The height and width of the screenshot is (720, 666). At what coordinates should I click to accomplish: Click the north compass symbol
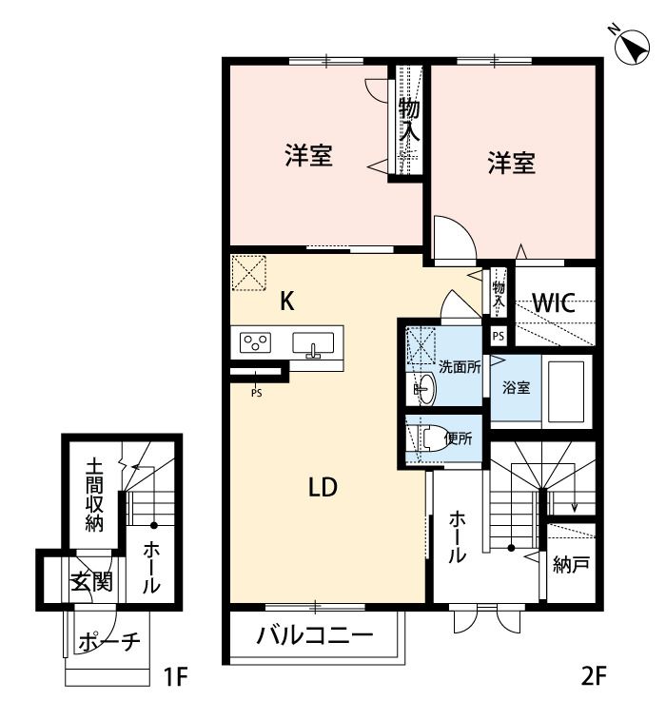click(x=633, y=47)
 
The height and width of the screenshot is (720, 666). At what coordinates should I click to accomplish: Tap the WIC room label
click(x=554, y=302)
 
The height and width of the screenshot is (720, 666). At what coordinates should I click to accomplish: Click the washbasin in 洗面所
click(x=425, y=389)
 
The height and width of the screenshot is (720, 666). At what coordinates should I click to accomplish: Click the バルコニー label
click(x=315, y=636)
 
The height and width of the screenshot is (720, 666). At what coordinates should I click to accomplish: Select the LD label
click(x=323, y=487)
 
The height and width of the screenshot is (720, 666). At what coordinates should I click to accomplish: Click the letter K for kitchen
click(x=287, y=302)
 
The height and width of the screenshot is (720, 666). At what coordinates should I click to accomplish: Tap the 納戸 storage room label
click(x=571, y=564)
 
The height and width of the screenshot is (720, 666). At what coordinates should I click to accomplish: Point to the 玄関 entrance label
click(x=92, y=583)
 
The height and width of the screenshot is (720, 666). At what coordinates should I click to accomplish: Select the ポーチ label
click(x=108, y=641)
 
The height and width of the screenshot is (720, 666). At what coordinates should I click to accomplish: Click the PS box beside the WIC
click(x=499, y=336)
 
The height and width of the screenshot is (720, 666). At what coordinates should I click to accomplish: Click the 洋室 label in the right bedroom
click(x=511, y=163)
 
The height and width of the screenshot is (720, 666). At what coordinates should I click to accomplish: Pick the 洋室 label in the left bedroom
click(x=308, y=155)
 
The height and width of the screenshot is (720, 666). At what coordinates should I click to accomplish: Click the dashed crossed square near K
click(x=248, y=273)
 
